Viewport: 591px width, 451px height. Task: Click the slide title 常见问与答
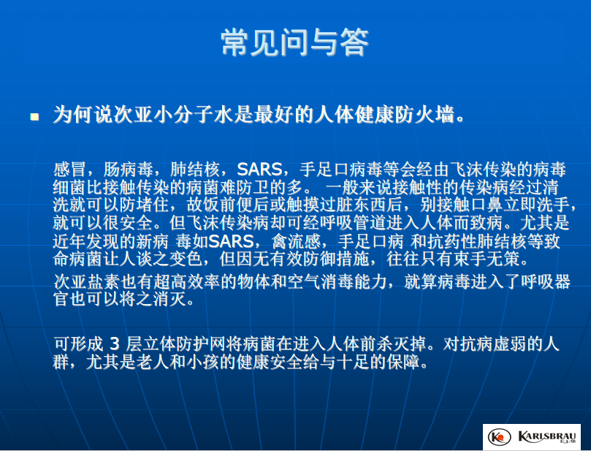294,42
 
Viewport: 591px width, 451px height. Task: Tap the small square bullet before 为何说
34,117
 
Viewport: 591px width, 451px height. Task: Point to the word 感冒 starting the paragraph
69,170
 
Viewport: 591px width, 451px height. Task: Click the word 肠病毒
128,170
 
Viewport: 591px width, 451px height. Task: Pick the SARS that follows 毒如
231,241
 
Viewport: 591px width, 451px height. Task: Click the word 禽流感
297,241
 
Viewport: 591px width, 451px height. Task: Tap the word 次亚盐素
87,282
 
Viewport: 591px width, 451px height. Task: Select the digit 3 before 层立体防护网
115,344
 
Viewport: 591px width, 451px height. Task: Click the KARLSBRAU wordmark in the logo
546,436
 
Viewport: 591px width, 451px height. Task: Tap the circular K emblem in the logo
500,437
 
